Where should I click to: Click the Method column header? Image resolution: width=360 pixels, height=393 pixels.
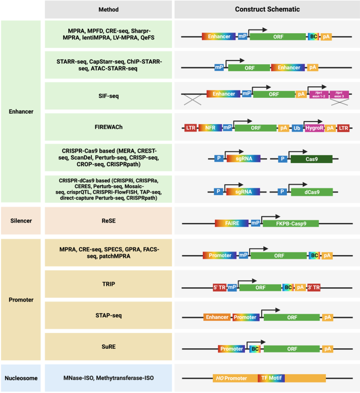click(x=108, y=9)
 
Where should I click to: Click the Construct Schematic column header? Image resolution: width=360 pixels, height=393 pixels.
click(x=267, y=9)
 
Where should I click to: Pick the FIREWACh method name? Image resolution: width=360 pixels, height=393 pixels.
click(x=108, y=127)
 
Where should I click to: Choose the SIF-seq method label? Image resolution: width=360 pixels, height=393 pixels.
click(x=108, y=95)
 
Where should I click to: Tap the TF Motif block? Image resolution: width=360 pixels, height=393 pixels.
click(x=271, y=378)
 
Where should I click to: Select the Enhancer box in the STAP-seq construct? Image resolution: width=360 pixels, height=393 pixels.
click(x=217, y=317)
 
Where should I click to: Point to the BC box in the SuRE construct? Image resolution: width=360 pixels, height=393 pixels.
click(x=253, y=348)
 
